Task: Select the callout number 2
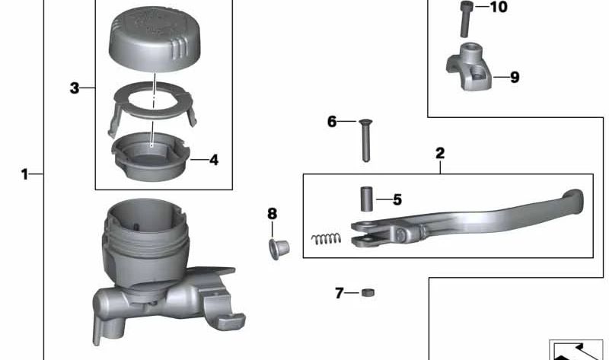(440, 153)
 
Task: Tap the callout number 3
(74, 88)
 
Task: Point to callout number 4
(214, 160)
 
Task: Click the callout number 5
(397, 200)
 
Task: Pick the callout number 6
(332, 122)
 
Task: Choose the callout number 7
(340, 293)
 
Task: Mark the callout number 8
(273, 213)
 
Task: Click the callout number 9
(515, 78)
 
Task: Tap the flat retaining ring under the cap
(155, 103)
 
